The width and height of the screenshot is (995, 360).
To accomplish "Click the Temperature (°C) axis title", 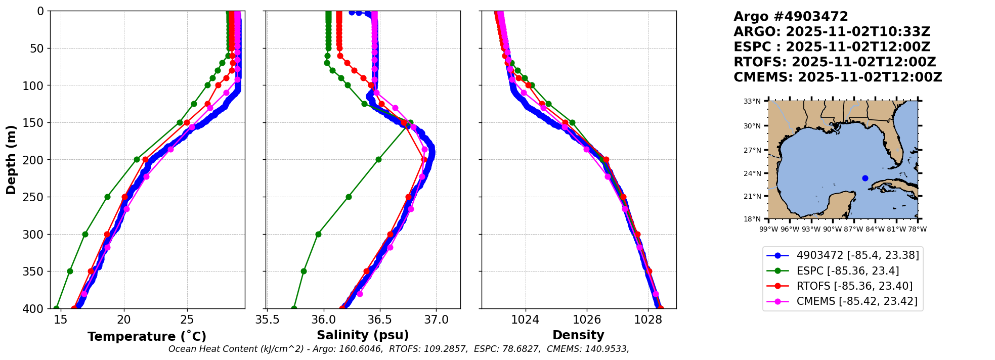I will (x=147, y=337).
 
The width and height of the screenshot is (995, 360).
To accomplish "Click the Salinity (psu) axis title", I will (x=363, y=335).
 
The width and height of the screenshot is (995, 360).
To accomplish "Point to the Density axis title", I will (x=578, y=335).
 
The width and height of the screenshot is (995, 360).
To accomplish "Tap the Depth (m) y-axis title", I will (x=11, y=159).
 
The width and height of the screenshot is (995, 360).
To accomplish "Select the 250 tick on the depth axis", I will (x=35, y=197).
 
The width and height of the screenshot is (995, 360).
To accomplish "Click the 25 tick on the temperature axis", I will (x=187, y=320).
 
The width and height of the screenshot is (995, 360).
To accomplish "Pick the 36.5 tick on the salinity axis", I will (x=379, y=320).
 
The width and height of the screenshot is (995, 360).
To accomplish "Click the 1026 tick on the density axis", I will (x=587, y=320).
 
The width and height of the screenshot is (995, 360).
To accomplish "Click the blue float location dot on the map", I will (x=865, y=178).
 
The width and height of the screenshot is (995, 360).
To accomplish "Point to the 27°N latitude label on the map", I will (x=752, y=150).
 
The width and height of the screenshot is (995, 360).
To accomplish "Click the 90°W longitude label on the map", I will (x=832, y=229).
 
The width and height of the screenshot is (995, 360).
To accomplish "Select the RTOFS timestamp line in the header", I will (x=835, y=62).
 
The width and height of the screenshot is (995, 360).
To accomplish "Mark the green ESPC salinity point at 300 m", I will (x=318, y=234).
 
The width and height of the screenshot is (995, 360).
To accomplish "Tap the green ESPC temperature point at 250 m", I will (x=107, y=197).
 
